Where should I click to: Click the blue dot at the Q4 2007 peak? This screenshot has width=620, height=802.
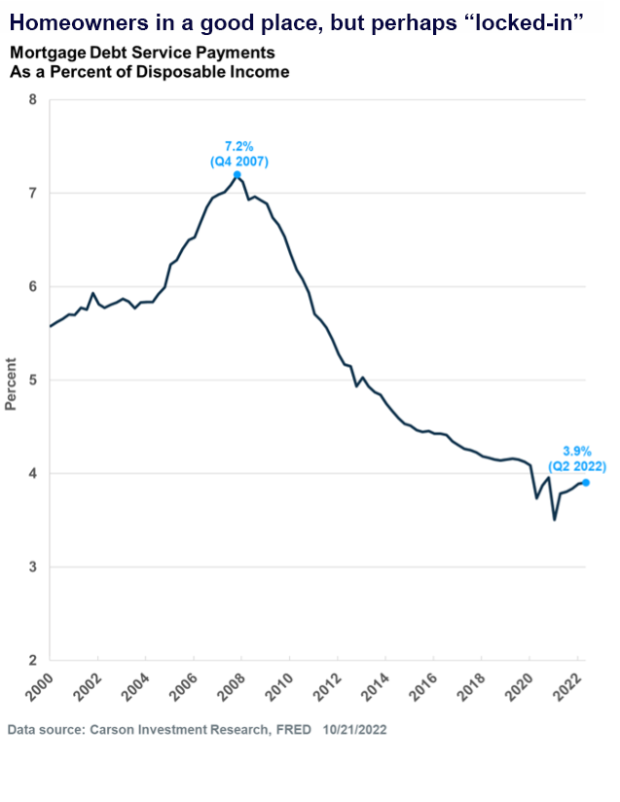point(237,175)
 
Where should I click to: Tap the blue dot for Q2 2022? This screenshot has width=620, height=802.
point(585,482)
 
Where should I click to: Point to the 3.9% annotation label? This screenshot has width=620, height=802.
point(577,451)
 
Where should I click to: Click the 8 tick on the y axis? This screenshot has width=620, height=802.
point(33,99)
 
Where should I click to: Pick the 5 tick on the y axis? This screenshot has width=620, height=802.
point(33,380)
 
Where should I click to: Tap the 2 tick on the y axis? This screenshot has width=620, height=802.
point(33,660)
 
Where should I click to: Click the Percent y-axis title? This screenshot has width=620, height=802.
point(12,387)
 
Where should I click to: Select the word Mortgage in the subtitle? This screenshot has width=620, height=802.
point(41,53)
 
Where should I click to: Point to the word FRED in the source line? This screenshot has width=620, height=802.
point(289,729)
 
